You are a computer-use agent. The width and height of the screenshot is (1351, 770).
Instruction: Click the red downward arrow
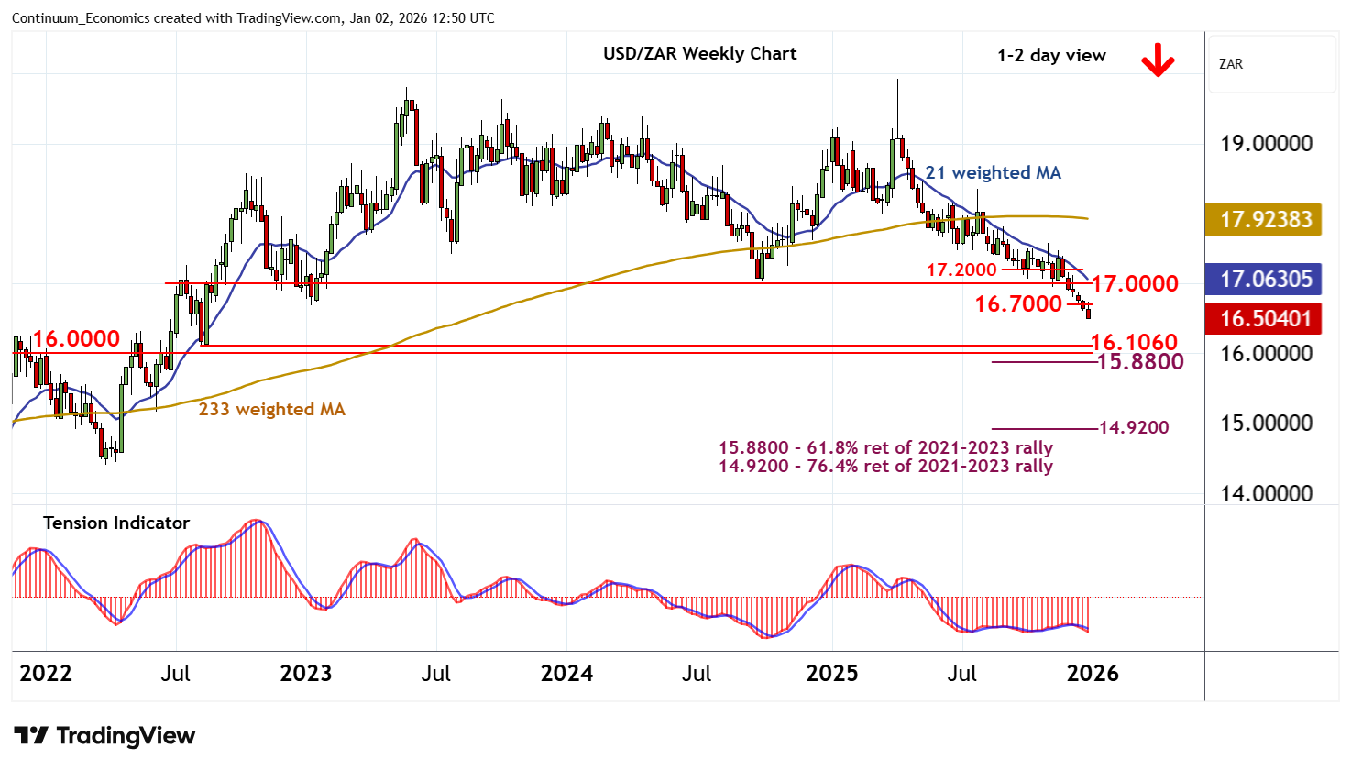click(1158, 60)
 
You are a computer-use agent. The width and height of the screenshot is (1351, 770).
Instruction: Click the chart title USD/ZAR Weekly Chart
click(699, 54)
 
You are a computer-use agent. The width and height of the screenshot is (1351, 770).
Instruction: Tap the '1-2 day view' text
click(1051, 56)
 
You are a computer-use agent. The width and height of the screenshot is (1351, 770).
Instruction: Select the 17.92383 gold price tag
click(1266, 220)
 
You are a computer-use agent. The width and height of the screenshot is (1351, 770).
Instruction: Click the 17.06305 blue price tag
click(1266, 280)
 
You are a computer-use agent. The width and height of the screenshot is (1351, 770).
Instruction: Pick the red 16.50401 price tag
click(1266, 319)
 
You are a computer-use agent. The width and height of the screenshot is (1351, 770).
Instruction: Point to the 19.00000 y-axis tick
click(1266, 144)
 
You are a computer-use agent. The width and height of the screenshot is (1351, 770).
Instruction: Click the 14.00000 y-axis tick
click(1266, 494)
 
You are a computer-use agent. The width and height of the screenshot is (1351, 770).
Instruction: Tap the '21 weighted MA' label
click(993, 173)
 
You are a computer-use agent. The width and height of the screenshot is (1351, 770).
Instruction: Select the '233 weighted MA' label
click(271, 410)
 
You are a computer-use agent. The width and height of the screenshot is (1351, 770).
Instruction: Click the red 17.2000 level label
click(961, 270)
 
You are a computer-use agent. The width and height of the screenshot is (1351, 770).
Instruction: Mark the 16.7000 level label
click(1017, 303)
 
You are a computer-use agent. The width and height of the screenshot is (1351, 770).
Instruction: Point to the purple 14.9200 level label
click(1134, 427)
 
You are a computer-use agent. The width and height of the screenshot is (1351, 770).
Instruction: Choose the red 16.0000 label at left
click(76, 339)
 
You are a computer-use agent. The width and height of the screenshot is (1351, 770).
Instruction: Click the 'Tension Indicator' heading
click(116, 523)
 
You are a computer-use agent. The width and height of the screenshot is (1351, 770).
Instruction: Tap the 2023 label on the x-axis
click(305, 674)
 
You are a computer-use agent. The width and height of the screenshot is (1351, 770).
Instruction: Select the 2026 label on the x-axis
click(1093, 674)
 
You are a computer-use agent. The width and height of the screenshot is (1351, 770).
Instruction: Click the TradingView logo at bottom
click(104, 736)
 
